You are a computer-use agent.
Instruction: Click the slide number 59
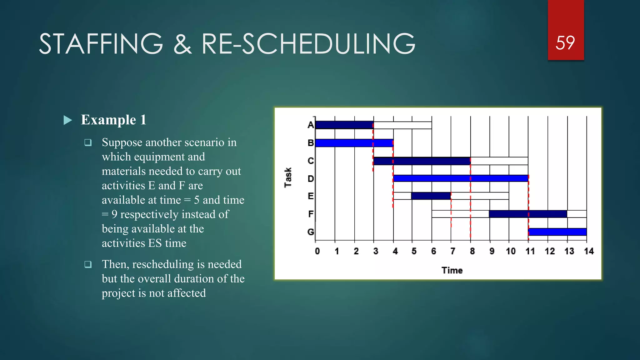pyautogui.click(x=565, y=43)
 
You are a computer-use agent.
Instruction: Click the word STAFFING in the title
pyautogui.click(x=101, y=44)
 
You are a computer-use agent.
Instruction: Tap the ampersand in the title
pyautogui.click(x=182, y=44)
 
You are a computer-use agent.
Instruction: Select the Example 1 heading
pyautogui.click(x=113, y=120)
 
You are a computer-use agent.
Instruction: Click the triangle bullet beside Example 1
pyautogui.click(x=67, y=120)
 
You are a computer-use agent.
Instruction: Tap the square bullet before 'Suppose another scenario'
pyautogui.click(x=88, y=142)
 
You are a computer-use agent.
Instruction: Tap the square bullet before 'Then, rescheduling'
pyautogui.click(x=88, y=264)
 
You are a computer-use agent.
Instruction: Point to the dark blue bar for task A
pyautogui.click(x=344, y=125)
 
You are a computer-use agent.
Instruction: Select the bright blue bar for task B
pyautogui.click(x=354, y=143)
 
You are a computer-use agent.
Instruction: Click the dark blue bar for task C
pyautogui.click(x=422, y=161)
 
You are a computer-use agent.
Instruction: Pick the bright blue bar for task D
pyautogui.click(x=461, y=178)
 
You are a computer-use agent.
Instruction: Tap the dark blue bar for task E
pyautogui.click(x=431, y=196)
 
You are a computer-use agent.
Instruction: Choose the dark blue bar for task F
pyautogui.click(x=528, y=214)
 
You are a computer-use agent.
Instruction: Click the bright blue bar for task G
pyautogui.click(x=557, y=232)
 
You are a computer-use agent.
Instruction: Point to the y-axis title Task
pyautogui.click(x=288, y=177)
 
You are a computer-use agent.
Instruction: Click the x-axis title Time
pyautogui.click(x=452, y=270)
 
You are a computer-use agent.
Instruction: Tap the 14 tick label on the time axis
pyautogui.click(x=589, y=251)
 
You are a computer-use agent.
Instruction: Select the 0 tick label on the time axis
pyautogui.click(x=317, y=251)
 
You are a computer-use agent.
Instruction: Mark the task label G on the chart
pyautogui.click(x=311, y=232)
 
